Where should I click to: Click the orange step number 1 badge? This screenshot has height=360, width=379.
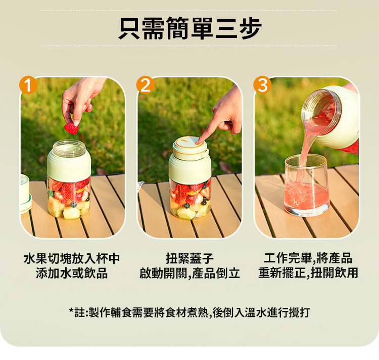point(28,85)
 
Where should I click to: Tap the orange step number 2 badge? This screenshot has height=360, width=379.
point(145,85)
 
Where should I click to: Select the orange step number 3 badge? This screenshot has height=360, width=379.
point(262,85)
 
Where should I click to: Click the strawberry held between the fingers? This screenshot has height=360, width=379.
point(71,128)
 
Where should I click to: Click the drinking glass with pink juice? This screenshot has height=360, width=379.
point(307,185)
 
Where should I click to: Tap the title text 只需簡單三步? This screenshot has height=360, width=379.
point(190,28)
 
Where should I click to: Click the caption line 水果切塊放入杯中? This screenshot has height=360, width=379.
point(72,258)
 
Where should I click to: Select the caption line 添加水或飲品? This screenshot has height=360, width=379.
point(72,273)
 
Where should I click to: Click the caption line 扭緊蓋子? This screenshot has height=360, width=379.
point(189,258)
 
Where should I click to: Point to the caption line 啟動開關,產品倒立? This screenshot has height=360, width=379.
point(189,273)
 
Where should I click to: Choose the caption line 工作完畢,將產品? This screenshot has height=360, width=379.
point(308,258)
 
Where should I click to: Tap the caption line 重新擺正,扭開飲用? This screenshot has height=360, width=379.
point(308,273)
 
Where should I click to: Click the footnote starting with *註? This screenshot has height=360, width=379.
point(189,312)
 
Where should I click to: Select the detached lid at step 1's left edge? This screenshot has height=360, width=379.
point(26,194)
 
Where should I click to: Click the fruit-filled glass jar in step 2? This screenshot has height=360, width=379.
point(190,199)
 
